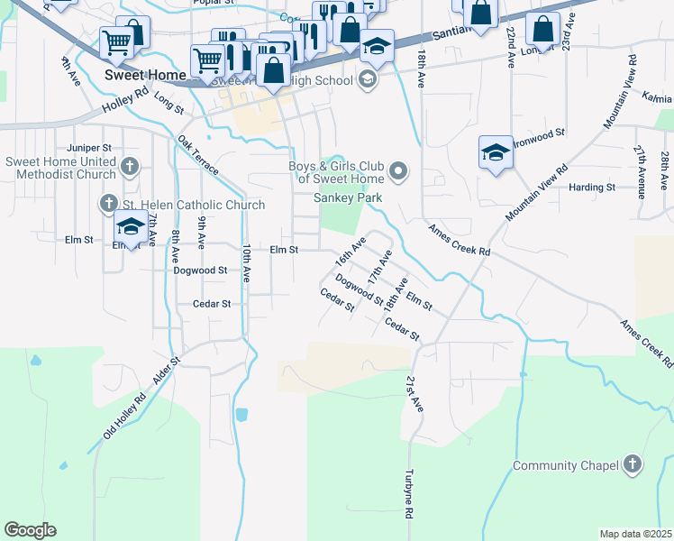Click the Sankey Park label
348,197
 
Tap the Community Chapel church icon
633,465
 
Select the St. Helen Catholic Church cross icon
110,205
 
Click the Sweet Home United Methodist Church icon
131,166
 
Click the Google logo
30,530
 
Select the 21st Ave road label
414,394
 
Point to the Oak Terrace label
198,155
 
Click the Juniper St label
88,147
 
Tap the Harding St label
592,188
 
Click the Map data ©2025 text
635,534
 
